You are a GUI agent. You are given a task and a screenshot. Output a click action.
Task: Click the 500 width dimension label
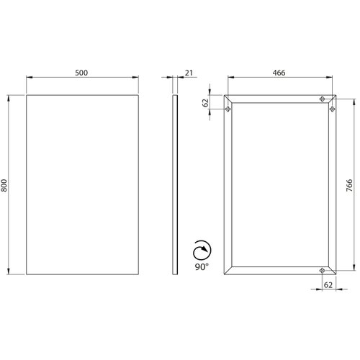[81, 73]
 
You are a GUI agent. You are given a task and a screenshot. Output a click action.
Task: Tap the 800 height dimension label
[4, 185]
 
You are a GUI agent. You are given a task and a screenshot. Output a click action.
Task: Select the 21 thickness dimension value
[189, 73]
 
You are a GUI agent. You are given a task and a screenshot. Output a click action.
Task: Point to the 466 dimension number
[279, 73]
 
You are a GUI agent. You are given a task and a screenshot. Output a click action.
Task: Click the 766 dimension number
[349, 185]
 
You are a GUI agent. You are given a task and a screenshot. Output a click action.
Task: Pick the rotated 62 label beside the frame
[206, 103]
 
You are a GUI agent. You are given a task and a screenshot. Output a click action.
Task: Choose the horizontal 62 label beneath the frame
[328, 285]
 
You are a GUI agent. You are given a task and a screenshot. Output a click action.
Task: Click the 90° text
[202, 266]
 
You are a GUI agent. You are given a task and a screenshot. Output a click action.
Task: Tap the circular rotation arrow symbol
[202, 250]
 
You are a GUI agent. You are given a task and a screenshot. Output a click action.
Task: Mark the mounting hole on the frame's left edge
[228, 109]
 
